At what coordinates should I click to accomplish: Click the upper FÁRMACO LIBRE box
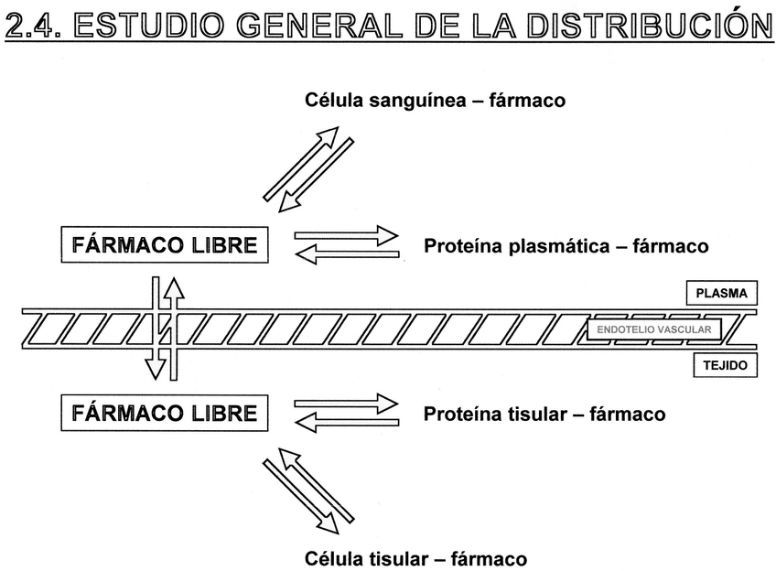coord(164,245)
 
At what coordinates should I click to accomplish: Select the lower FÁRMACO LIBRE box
coord(164,413)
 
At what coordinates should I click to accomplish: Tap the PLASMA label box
coord(722,294)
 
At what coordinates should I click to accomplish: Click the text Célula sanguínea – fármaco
coord(435,101)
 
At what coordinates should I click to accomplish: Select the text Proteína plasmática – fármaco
coord(566,246)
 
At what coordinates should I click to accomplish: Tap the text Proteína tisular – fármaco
coord(544,414)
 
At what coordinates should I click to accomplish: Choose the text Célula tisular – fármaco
coord(415,557)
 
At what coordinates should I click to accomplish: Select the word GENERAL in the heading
coord(310,25)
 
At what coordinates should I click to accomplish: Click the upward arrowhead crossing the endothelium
coord(173,287)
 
